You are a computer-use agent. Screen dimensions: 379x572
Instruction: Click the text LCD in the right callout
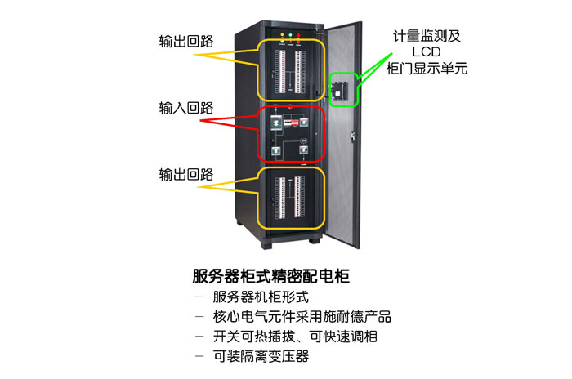426,52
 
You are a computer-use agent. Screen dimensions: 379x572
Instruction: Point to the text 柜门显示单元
426,69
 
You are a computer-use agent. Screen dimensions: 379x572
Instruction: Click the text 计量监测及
426,36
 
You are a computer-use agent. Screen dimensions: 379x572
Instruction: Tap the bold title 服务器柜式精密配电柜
270,275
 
